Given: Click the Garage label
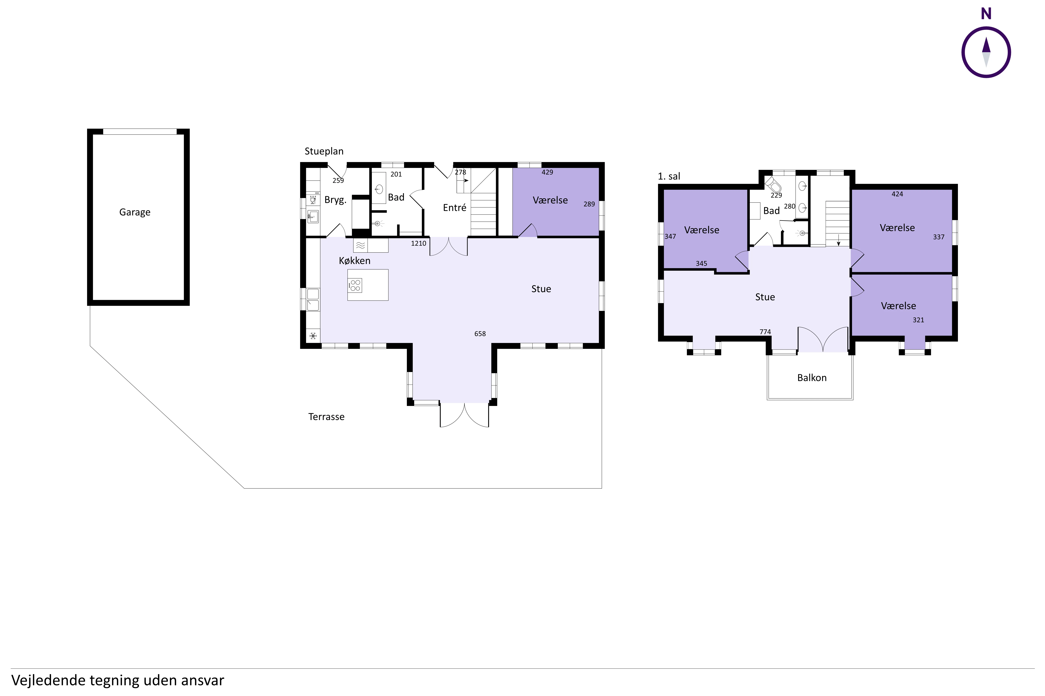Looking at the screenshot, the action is [135, 212].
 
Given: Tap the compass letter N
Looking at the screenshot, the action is [986, 14].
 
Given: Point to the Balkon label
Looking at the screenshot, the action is [812, 378].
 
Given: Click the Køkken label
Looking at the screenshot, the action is [355, 260].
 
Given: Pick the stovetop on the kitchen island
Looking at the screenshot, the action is [355, 285].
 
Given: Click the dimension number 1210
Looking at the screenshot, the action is [419, 243].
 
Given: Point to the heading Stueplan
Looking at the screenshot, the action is [324, 151].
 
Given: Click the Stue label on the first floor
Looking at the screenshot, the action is [765, 297].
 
